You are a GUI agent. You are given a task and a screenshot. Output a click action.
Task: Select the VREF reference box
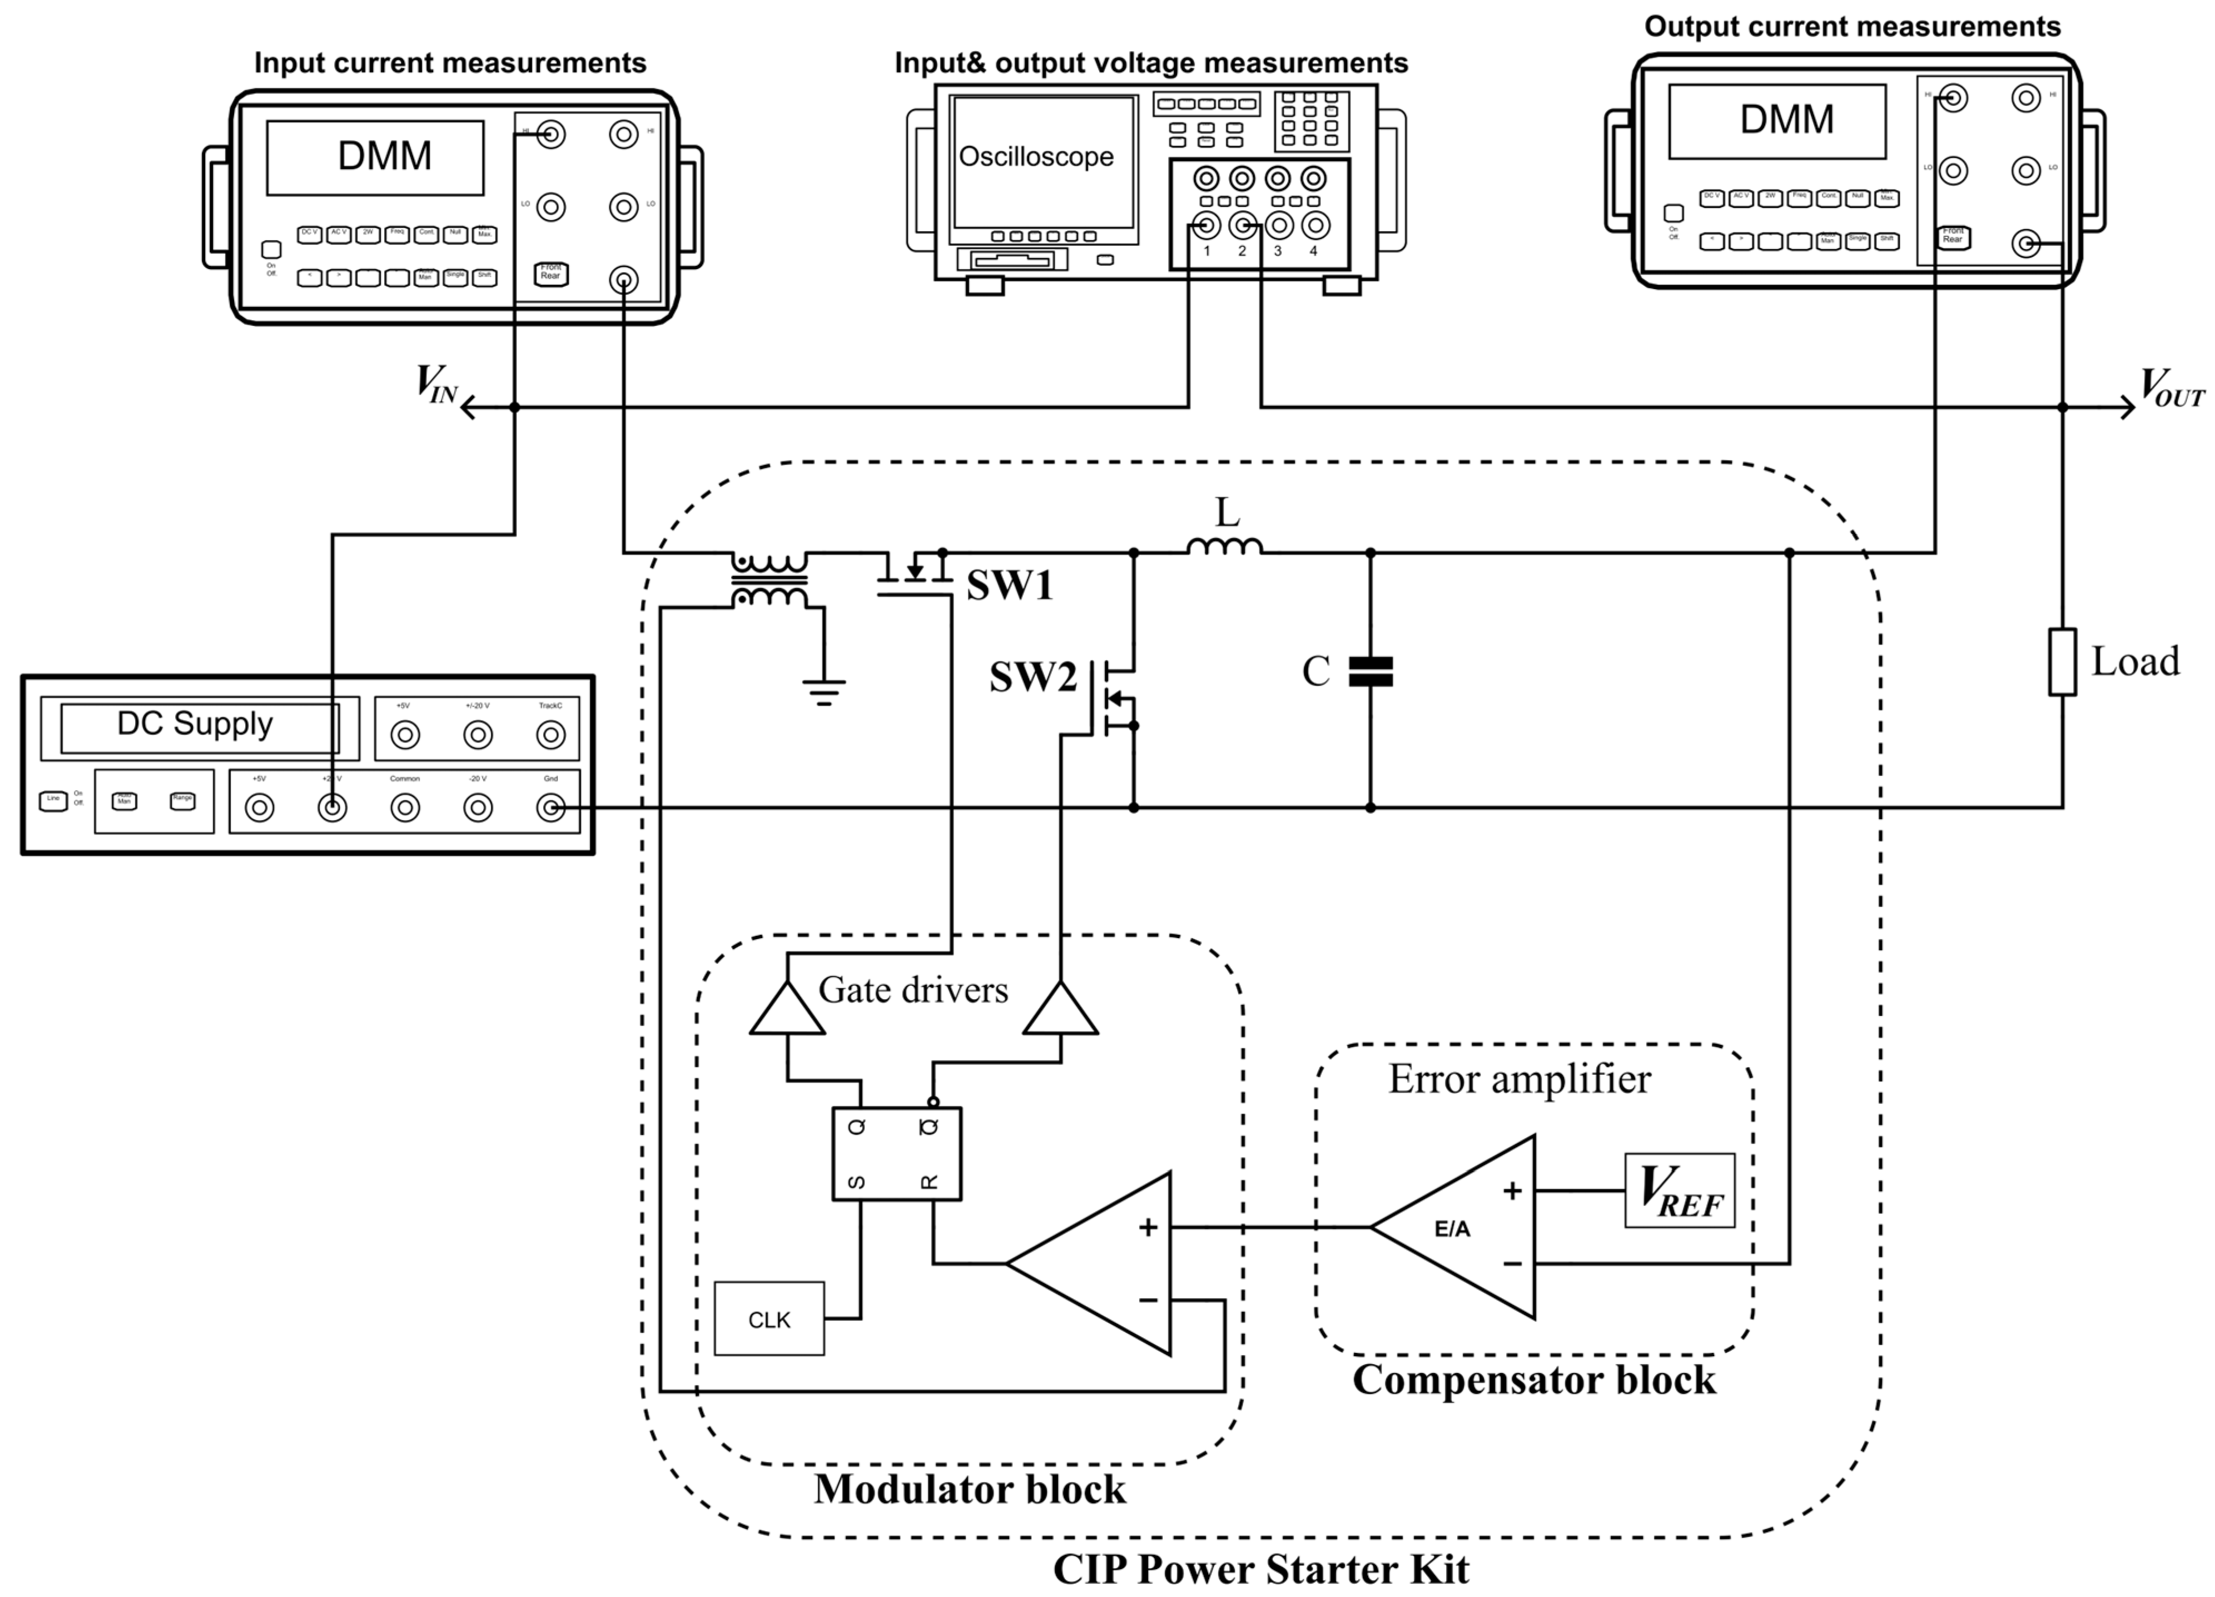1680,1191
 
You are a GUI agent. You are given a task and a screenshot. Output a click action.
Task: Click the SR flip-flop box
896,1154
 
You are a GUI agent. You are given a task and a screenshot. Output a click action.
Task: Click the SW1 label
1010,586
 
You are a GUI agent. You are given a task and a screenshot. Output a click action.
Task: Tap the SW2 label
1032,677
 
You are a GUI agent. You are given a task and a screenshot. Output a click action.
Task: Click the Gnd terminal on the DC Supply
551,808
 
